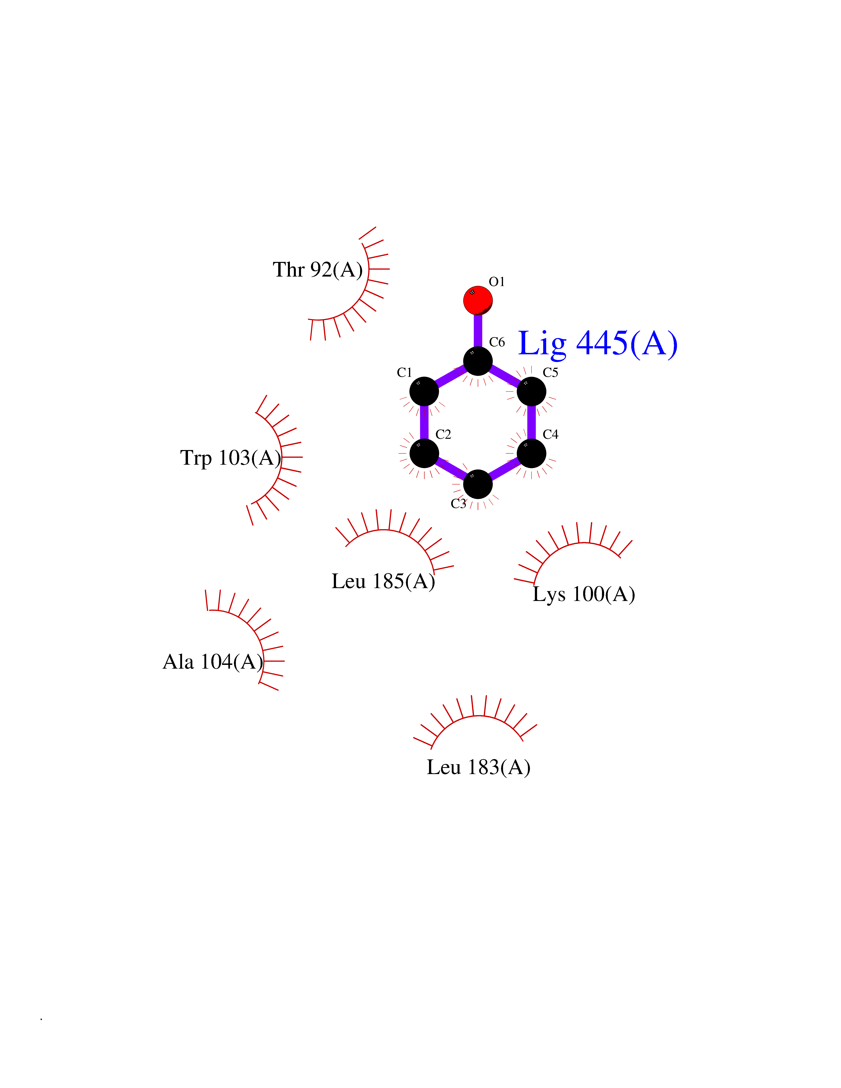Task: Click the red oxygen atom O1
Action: (478, 300)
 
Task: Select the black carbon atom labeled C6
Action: (478, 361)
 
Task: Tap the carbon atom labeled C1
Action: (424, 391)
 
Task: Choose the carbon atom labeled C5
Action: (532, 391)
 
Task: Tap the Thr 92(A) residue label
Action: (317, 269)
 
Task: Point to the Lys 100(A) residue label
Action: (583, 594)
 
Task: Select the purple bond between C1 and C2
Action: (424, 423)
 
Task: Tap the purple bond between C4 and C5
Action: (532, 423)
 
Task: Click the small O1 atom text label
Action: (497, 282)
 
